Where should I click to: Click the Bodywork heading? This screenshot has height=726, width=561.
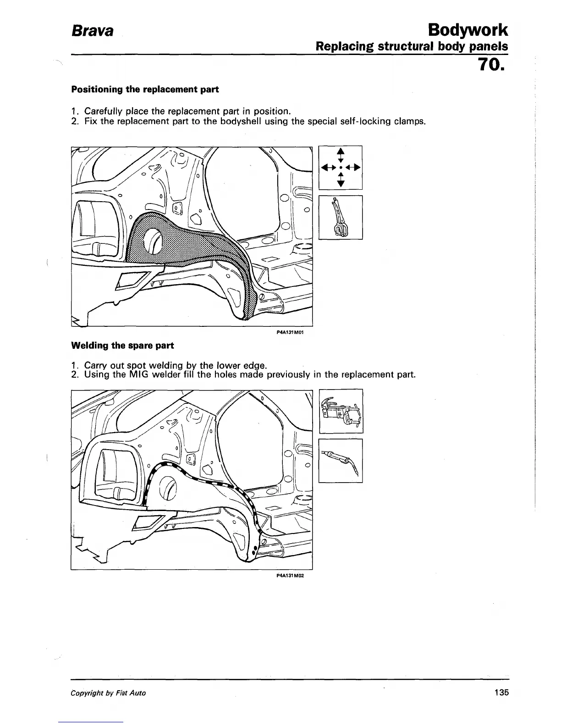pyautogui.click(x=467, y=30)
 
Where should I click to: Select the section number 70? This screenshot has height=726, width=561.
pyautogui.click(x=491, y=65)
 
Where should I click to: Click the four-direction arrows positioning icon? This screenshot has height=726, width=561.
pyautogui.click(x=341, y=167)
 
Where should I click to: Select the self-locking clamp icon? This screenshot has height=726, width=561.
pyautogui.click(x=341, y=217)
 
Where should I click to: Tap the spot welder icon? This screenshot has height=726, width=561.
pyautogui.click(x=341, y=411)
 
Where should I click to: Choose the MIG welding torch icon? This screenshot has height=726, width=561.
pyautogui.click(x=341, y=460)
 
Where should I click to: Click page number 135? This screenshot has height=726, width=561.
pyautogui.click(x=501, y=693)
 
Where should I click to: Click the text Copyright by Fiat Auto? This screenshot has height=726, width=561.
pyautogui.click(x=109, y=693)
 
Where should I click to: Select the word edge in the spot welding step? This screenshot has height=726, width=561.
pyautogui.click(x=253, y=366)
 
